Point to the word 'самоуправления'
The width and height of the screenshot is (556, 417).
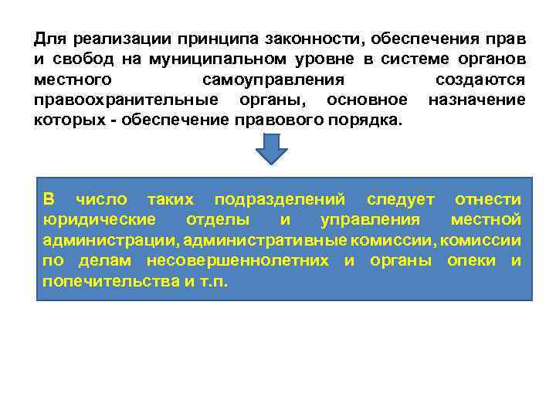(x=273, y=80)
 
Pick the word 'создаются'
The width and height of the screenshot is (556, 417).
(x=480, y=80)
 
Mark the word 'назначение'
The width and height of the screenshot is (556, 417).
(x=476, y=100)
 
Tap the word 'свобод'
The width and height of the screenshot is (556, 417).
(x=78, y=59)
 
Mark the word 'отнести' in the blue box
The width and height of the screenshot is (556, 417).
(x=488, y=200)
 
